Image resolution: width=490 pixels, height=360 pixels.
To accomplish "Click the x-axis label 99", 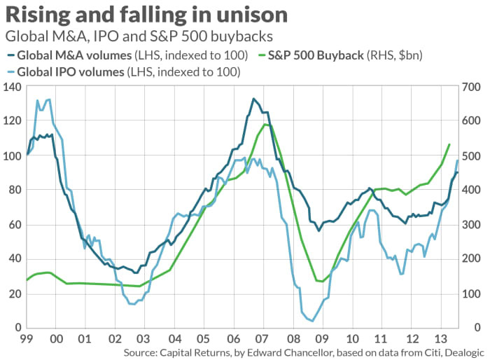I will coord(27,339).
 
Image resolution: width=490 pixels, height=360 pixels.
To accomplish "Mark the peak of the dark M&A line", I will coord(253,99).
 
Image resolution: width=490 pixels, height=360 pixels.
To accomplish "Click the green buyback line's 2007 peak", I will coord(265,125).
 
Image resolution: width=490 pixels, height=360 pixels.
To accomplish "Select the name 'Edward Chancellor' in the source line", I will coord(283,352).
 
